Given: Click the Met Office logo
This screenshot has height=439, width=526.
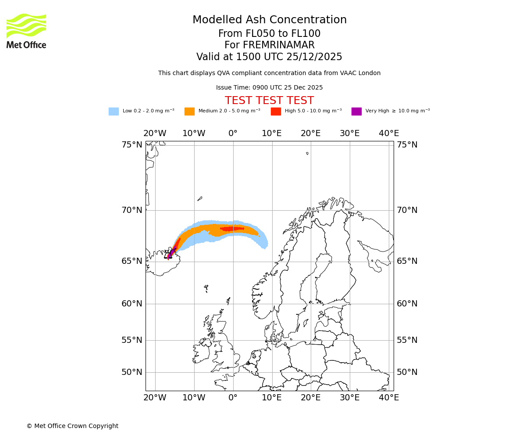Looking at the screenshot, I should (26, 31).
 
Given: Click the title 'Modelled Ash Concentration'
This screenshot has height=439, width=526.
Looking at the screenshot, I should (270, 20).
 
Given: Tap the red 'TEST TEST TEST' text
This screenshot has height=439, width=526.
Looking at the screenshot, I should (269, 101).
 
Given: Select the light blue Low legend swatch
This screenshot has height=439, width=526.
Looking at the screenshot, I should (114, 111).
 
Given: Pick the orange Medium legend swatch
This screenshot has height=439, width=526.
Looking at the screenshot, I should (189, 111).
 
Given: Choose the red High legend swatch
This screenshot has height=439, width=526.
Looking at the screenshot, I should (276, 111).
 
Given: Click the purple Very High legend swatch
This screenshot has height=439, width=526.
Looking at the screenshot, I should (356, 111).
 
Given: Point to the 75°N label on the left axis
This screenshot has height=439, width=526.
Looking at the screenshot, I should (132, 145).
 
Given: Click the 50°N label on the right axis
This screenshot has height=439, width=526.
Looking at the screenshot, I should (407, 372).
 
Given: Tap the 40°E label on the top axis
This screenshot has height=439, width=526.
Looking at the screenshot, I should (389, 133).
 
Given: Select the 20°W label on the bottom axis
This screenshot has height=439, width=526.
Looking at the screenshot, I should (155, 398).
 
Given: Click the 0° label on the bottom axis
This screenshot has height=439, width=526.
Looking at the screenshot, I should (233, 398).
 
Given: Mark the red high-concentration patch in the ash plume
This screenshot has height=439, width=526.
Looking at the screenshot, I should (232, 228).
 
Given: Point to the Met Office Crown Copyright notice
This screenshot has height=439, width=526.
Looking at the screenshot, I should (72, 426).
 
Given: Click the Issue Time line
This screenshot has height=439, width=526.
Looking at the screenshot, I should (269, 87).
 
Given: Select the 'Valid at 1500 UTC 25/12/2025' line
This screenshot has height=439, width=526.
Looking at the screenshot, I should (269, 57).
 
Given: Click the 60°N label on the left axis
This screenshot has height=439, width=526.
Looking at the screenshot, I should (132, 304).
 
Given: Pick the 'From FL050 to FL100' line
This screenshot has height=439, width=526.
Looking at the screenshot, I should (269, 34).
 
